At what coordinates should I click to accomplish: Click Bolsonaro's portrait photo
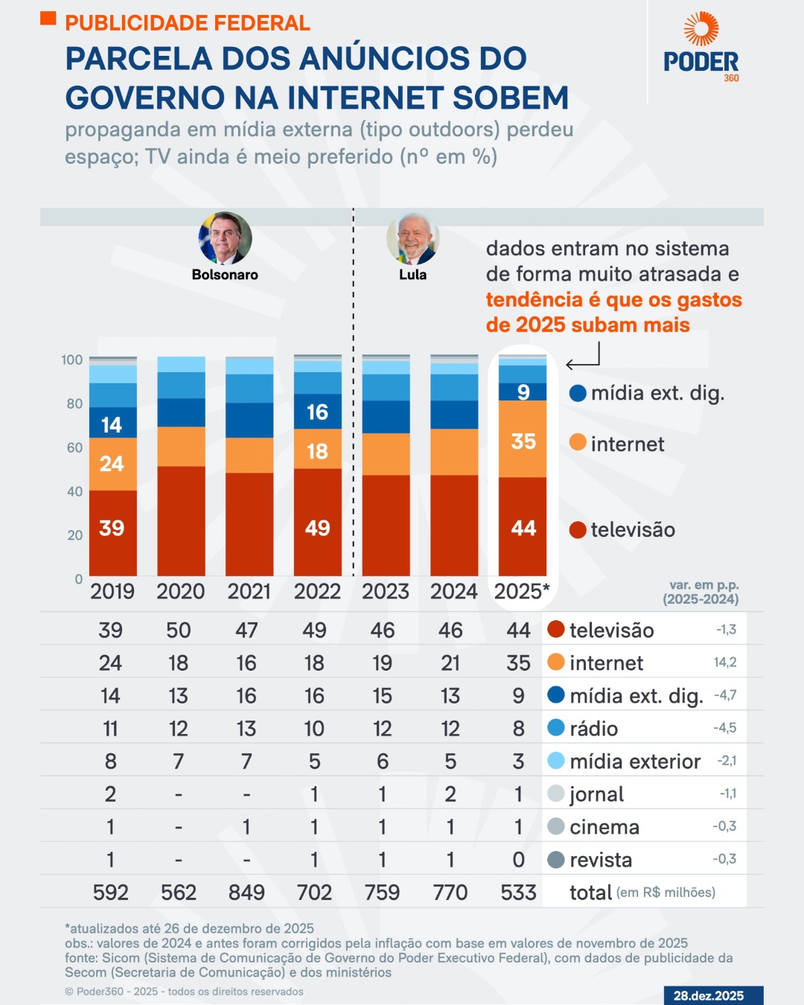pyautogui.click(x=225, y=238)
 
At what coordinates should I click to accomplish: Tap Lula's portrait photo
pyautogui.click(x=412, y=239)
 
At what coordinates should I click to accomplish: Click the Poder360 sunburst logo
pyautogui.click(x=701, y=29)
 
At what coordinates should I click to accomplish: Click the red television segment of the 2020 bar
pyautogui.click(x=181, y=521)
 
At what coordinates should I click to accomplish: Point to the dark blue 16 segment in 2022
pyautogui.click(x=317, y=412)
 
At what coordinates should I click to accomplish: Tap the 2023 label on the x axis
pyautogui.click(x=385, y=592)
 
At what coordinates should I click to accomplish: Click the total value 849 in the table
pyautogui.click(x=246, y=892)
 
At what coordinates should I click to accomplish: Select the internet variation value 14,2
pyautogui.click(x=724, y=663)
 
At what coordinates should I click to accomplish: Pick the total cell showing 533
pyautogui.click(x=518, y=892)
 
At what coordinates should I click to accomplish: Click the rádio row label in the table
pyautogui.click(x=593, y=729)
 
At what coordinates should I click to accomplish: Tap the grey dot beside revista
pyautogui.click(x=555, y=860)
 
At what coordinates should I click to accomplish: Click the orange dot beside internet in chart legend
pyautogui.click(x=578, y=442)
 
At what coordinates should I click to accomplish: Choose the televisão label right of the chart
pyautogui.click(x=633, y=530)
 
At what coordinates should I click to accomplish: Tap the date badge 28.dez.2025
pyautogui.click(x=708, y=995)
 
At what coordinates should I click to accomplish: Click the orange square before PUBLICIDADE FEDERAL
pyautogui.click(x=48, y=19)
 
